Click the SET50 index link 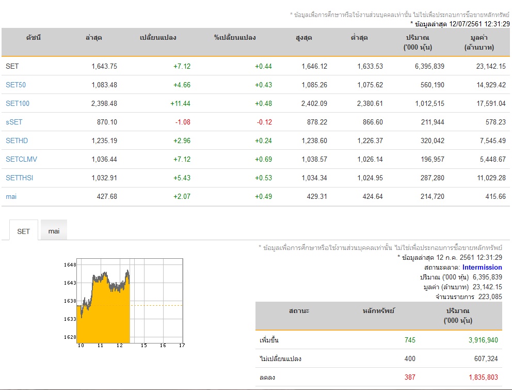15,85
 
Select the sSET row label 14,122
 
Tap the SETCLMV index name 21,160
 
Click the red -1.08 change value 183,122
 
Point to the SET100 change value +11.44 180,104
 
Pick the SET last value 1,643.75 104,66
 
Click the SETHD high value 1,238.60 314,141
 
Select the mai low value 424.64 373,197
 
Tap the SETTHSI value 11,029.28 491,178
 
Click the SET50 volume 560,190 433,85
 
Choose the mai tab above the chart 54,231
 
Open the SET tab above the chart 24,231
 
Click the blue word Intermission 482,268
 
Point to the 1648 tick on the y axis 70,265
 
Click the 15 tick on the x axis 143,345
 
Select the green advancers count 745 410,340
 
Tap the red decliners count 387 410,378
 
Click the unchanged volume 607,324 486,359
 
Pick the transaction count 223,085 490,297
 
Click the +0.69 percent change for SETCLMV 264,160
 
